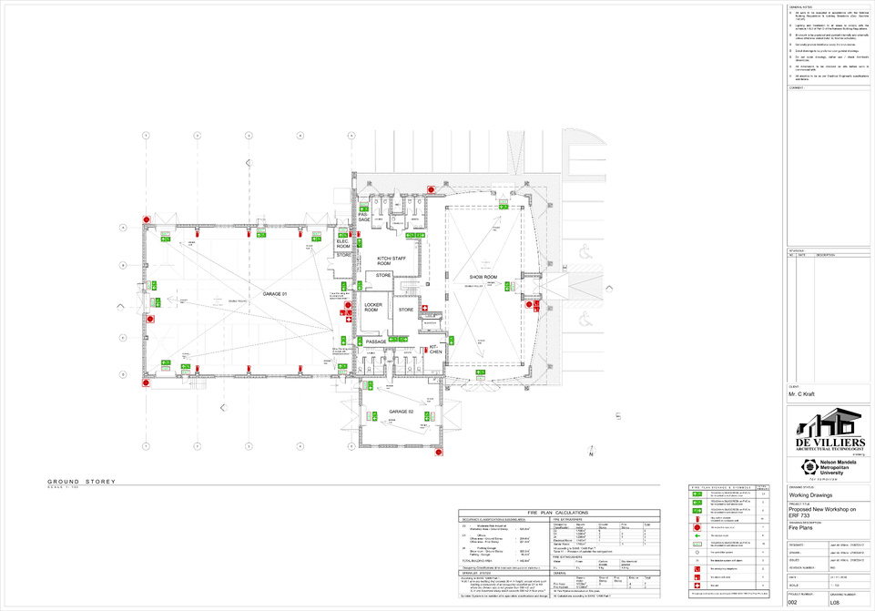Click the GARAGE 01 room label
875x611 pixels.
point(275,294)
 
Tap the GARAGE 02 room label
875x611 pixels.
point(402,412)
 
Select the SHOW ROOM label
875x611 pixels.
point(483,276)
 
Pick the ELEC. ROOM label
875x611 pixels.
point(342,243)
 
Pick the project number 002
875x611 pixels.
point(794,603)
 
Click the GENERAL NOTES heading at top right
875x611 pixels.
point(800,5)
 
